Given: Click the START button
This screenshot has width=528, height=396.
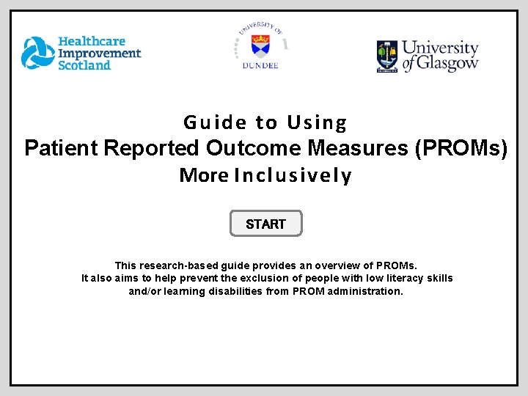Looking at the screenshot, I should tap(265, 224).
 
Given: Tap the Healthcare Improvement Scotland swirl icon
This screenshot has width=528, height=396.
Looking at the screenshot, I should tap(37, 53).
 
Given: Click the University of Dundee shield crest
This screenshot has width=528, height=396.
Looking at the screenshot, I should tap(260, 45).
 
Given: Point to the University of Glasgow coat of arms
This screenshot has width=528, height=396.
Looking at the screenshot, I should tap(387, 56).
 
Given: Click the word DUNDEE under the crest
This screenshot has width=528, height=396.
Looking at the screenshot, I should tap(260, 65).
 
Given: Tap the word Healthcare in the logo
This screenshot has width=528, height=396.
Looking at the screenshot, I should tap(92, 42).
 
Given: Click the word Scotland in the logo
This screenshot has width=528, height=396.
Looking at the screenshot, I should tap(84, 65).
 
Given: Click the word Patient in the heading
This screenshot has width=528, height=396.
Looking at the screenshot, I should tap(62, 148).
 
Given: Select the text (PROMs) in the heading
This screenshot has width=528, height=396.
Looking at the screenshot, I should tap(461, 148).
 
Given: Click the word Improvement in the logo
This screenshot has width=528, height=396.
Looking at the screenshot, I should tap(99, 53).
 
